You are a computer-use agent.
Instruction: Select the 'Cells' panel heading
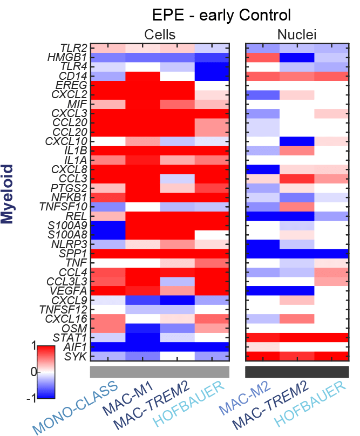click(x=160, y=35)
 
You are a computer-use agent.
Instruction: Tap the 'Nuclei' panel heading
click(x=297, y=35)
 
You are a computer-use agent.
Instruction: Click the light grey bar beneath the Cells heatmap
click(x=160, y=372)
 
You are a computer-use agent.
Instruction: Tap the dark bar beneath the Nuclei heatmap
click(x=297, y=372)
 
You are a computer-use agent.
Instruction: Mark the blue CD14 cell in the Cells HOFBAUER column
click(x=212, y=75)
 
